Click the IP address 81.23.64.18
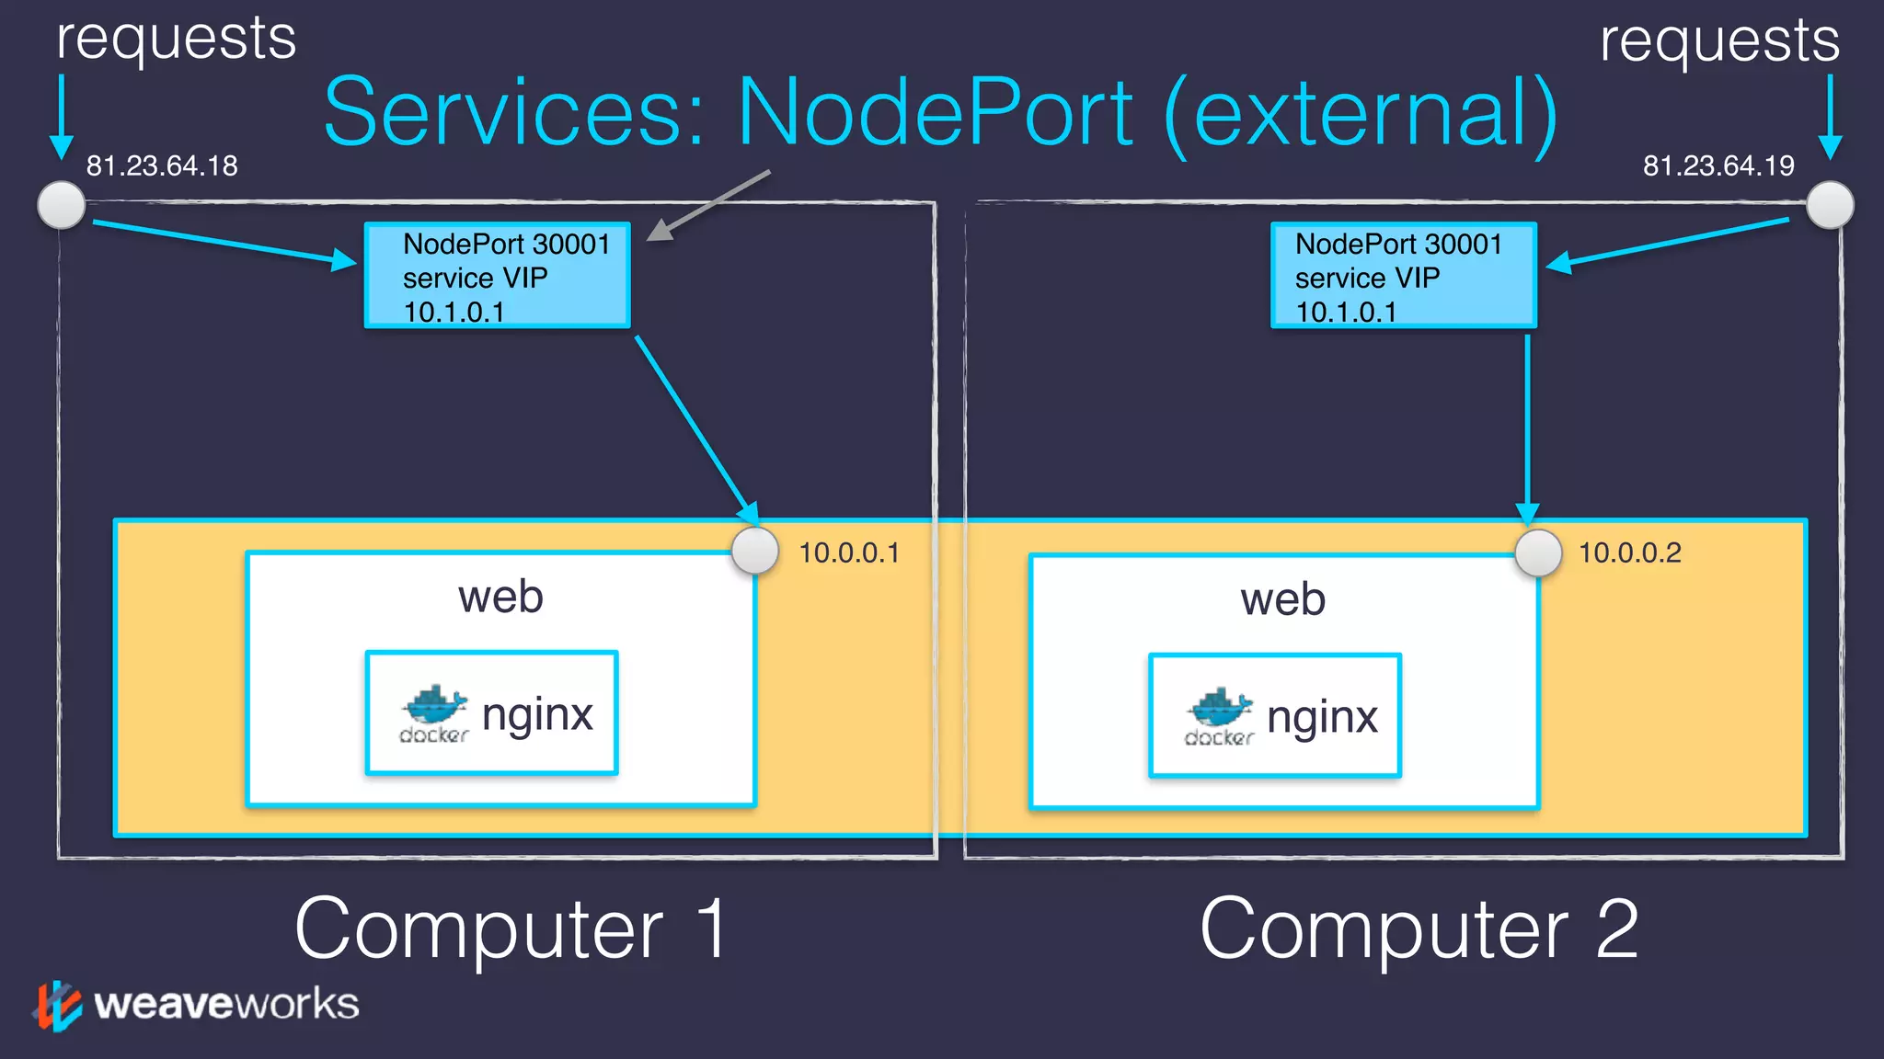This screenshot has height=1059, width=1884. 162,165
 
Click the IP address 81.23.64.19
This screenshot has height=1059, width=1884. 1718,165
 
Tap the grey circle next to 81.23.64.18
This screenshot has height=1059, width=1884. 62,204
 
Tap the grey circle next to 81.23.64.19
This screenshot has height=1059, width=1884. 1830,204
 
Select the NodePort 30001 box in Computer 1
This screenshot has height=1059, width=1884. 498,276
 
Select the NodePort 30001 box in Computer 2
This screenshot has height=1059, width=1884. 1404,276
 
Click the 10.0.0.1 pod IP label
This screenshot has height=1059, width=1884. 849,552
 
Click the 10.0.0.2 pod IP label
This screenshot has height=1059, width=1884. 1630,552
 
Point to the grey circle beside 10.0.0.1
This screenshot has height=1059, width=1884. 755,551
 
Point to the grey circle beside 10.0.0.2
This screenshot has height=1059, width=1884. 1538,553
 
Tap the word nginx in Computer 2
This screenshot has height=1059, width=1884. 1322,717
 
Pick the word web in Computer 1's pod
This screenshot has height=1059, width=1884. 500,597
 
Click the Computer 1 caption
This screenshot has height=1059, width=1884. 511,928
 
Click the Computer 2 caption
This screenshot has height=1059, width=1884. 1419,928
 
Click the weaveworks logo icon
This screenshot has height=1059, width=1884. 58,1005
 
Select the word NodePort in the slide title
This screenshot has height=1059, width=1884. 936,113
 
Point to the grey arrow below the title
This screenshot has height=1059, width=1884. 708,205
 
